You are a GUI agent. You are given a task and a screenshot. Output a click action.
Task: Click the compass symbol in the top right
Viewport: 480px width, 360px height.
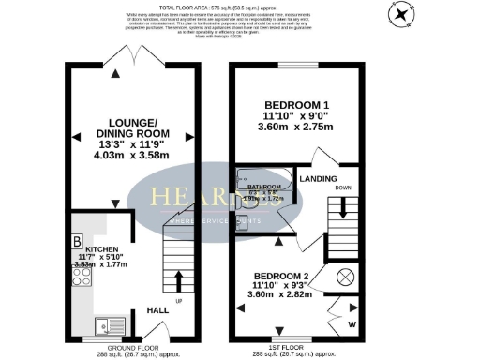click(x=404, y=14)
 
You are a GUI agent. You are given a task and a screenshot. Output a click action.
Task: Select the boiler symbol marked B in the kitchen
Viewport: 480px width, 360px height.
click(x=77, y=241)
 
